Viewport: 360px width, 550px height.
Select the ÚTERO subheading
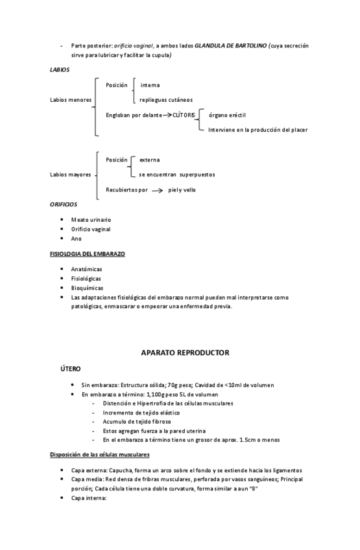coord(71,368)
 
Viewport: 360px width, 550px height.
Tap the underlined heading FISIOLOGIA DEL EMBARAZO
coord(87,254)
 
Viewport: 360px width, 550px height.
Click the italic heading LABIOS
coord(60,69)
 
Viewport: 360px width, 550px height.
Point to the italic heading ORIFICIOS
coord(64,204)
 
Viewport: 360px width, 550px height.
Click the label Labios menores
coord(71,100)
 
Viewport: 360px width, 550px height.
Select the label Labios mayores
coord(71,174)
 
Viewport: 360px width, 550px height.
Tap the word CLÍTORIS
coord(184,115)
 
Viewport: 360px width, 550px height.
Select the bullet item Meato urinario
coord(91,220)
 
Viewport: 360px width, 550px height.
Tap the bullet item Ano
coord(77,239)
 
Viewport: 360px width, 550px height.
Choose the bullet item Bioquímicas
coord(87,288)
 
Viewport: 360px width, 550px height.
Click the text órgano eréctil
coord(227,115)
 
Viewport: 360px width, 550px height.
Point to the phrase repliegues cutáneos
coord(165,100)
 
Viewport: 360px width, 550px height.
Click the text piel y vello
coord(182,190)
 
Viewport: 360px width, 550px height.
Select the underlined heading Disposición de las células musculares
coord(100,454)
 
